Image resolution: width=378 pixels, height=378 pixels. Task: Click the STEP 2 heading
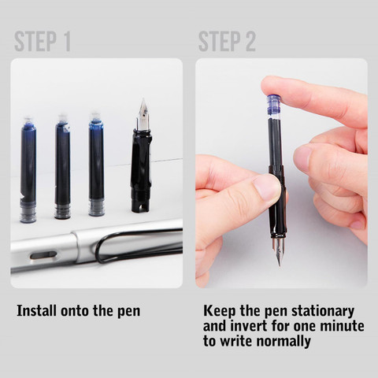pyautogui.click(x=227, y=41)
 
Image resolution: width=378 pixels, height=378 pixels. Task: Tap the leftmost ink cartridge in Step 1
pyautogui.click(x=28, y=169)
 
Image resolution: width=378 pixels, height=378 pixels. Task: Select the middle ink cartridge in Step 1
pyautogui.click(x=62, y=167)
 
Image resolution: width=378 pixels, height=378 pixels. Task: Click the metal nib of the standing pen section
pyautogui.click(x=143, y=115)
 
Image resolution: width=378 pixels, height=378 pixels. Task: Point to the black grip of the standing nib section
pyautogui.click(x=141, y=169)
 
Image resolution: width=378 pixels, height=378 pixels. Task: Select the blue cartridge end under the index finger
pyautogui.click(x=275, y=103)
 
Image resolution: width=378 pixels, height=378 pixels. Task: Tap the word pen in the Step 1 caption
pyautogui.click(x=127, y=310)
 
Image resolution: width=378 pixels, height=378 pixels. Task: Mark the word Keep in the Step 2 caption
pyautogui.click(x=220, y=310)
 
